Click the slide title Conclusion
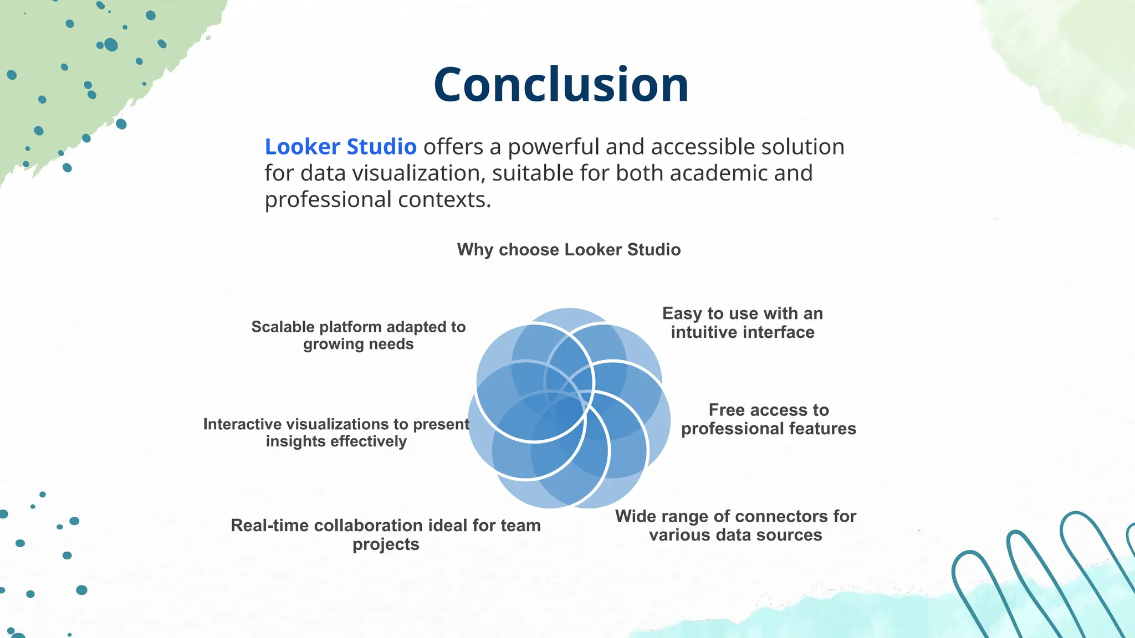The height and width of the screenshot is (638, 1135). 561,85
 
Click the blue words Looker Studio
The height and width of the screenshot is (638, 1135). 340,147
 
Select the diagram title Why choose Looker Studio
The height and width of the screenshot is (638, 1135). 569,250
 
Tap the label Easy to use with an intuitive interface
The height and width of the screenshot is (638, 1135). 743,323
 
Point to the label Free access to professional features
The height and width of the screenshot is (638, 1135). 769,419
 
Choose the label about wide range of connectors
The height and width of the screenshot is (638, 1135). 735,526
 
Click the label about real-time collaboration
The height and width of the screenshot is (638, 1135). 386,534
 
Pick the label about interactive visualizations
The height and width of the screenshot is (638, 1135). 336,433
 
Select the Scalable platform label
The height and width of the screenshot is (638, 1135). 359,335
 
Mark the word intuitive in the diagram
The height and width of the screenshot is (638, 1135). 704,332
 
